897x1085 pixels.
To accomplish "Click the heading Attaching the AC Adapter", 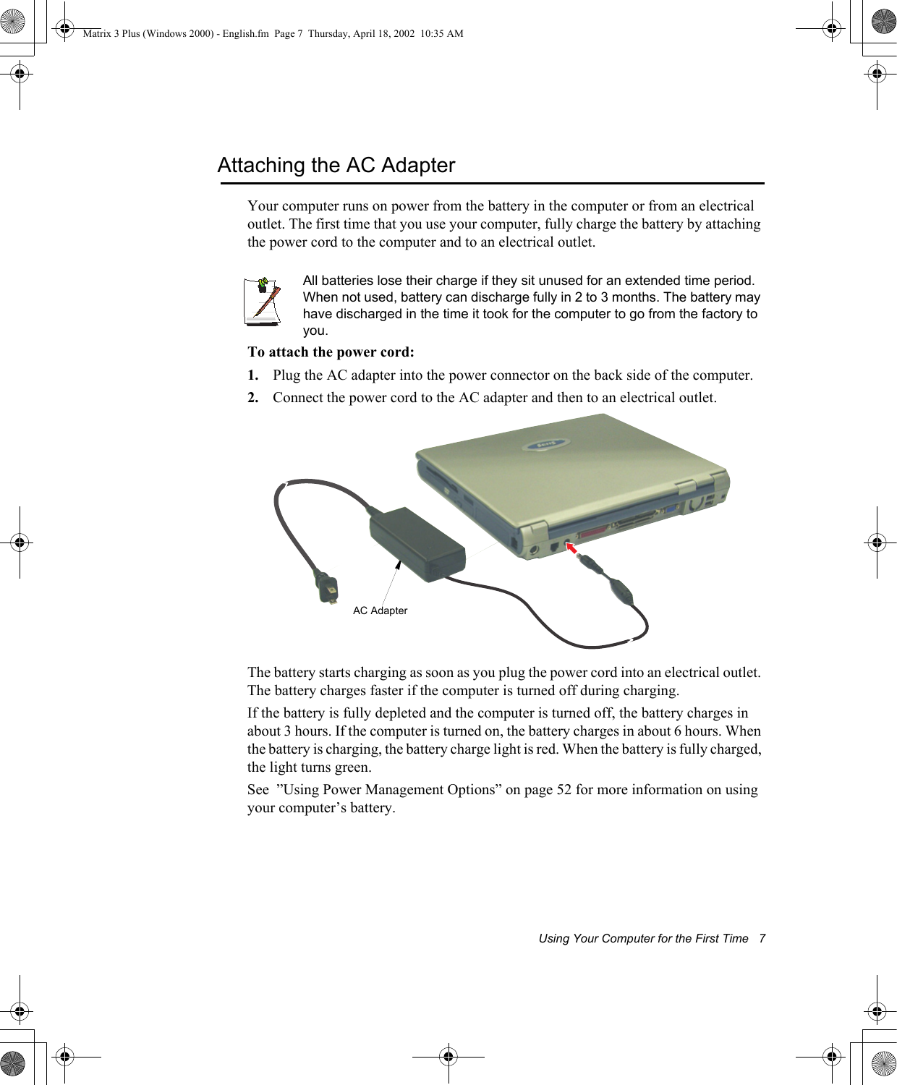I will coord(336,166).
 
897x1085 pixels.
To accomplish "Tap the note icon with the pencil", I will coord(263,300).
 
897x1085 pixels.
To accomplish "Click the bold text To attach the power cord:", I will coord(331,352).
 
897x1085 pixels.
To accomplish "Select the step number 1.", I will coord(252,375).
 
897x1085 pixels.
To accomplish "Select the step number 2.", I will coord(252,398).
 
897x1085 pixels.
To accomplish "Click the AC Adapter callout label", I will coord(380,610).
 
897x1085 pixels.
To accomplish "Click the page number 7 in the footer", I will coord(762,939).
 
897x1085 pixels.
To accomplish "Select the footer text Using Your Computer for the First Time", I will coord(643,939).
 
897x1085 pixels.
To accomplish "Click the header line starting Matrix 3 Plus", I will coord(273,33).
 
